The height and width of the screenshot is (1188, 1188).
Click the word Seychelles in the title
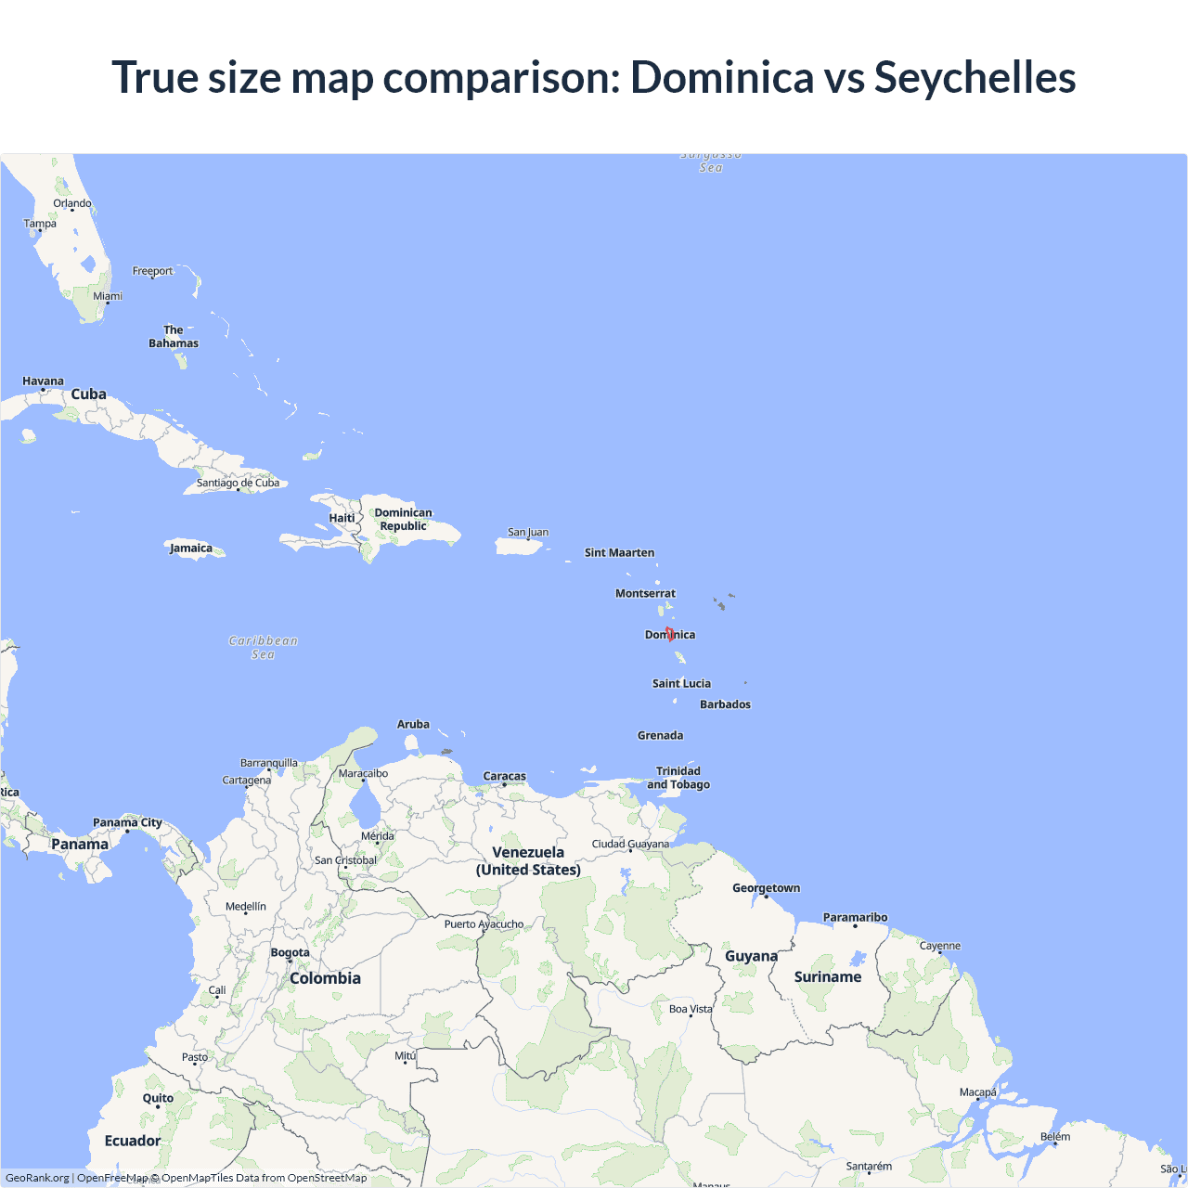(x=975, y=77)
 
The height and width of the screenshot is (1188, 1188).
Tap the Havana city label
(x=43, y=381)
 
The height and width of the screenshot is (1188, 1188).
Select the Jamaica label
(x=191, y=549)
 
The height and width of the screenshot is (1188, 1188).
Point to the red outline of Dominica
(x=669, y=634)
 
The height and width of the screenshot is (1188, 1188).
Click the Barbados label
(x=725, y=704)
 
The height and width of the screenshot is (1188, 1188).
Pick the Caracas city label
(x=504, y=776)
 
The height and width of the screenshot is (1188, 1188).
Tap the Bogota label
(x=290, y=952)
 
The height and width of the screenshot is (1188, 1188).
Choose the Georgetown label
(x=766, y=888)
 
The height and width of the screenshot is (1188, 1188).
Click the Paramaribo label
(x=855, y=918)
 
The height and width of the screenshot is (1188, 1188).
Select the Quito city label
(x=158, y=1098)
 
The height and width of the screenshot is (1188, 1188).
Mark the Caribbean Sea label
(x=264, y=647)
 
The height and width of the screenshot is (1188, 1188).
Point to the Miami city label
(x=107, y=297)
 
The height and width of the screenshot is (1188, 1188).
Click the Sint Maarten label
(x=619, y=553)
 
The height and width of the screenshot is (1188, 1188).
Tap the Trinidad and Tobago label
(x=678, y=778)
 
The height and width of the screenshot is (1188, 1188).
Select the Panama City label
(x=127, y=822)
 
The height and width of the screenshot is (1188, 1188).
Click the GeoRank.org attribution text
(x=37, y=1178)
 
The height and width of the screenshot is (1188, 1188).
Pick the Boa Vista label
(x=691, y=1009)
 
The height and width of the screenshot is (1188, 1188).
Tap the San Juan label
(x=528, y=533)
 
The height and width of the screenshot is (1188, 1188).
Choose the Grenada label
(x=660, y=736)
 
